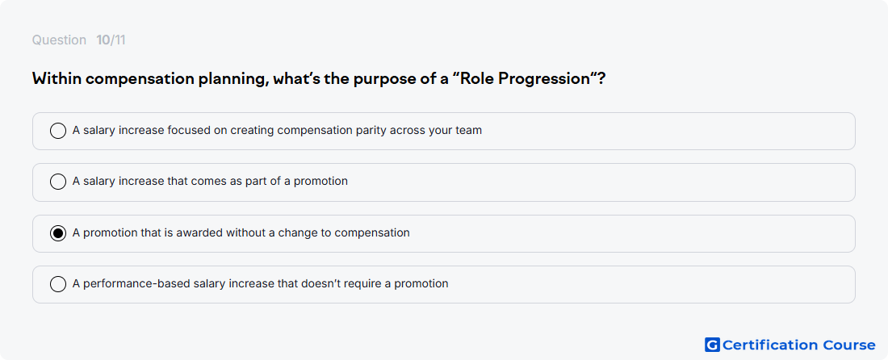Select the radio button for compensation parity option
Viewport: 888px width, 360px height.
tap(58, 131)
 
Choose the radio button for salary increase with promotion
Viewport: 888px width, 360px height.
tap(58, 182)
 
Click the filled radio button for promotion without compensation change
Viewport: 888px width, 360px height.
tap(58, 232)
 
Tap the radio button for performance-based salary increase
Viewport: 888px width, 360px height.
tap(58, 283)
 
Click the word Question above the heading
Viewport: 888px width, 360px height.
tap(59, 40)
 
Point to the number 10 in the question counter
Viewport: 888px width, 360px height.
tap(103, 40)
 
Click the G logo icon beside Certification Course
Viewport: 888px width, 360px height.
tap(712, 345)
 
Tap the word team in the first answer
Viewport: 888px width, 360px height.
tap(469, 131)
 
